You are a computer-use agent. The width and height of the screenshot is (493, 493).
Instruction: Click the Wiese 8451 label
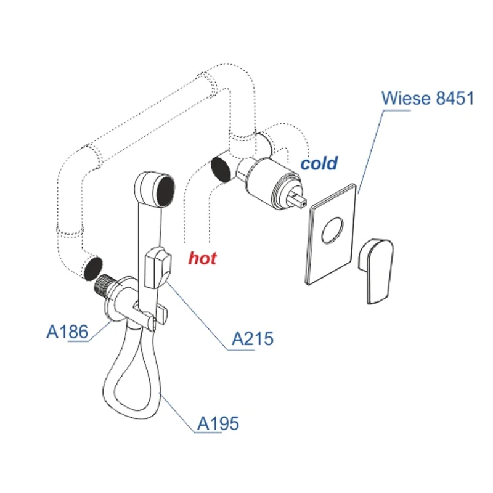point(428,98)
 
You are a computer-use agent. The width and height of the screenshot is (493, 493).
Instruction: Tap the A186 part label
point(67,332)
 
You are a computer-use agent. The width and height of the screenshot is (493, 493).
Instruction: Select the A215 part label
point(252,338)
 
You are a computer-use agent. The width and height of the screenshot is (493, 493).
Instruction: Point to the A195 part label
point(218,423)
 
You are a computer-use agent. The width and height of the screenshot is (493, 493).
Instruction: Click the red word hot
point(202,258)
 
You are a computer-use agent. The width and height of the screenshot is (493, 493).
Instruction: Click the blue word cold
point(319,163)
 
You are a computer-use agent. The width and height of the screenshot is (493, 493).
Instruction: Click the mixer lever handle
point(376,269)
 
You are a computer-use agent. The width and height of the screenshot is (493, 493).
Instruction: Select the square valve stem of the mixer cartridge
point(298,198)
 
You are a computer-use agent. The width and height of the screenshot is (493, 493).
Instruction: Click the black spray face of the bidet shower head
point(163,190)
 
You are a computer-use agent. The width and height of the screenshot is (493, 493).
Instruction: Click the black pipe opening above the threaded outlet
point(92,267)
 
